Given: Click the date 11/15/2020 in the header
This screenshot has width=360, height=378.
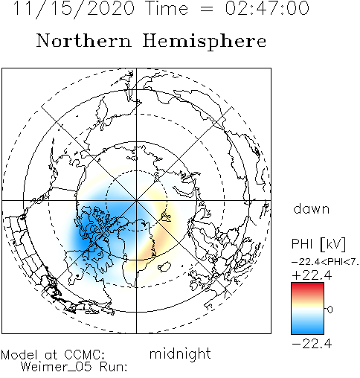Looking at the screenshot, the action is pyautogui.click(x=74, y=8).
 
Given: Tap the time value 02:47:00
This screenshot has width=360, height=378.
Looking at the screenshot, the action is pyautogui.click(x=267, y=8).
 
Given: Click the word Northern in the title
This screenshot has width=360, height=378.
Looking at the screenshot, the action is pyautogui.click(x=84, y=41).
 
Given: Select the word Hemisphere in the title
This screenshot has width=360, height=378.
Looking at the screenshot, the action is pyautogui.click(x=205, y=42).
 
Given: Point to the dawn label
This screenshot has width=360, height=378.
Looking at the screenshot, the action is pyautogui.click(x=312, y=209).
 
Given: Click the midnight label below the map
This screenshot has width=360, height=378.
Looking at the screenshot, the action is pyautogui.click(x=180, y=353).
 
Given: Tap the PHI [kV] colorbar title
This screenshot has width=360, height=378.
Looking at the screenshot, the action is pyautogui.click(x=318, y=243).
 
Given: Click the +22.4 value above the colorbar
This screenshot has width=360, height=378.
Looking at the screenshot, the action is pyautogui.click(x=312, y=275).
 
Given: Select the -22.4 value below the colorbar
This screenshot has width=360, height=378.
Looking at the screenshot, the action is pyautogui.click(x=312, y=344).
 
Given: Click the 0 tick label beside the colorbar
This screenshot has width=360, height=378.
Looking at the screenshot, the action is pyautogui.click(x=330, y=310).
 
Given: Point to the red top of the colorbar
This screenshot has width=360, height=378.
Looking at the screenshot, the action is pyautogui.click(x=307, y=288).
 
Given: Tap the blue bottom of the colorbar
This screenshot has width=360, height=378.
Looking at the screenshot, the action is pyautogui.click(x=307, y=329).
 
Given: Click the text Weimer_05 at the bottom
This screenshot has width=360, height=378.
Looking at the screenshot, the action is pyautogui.click(x=56, y=367).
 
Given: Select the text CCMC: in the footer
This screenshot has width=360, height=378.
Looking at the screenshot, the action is pyautogui.click(x=85, y=355).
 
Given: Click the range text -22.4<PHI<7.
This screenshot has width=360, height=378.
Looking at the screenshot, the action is pyautogui.click(x=325, y=261).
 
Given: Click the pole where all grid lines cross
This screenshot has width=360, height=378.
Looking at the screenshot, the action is pyautogui.click(x=136, y=200).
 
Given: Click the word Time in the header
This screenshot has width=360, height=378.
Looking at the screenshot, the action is pyautogui.click(x=167, y=8).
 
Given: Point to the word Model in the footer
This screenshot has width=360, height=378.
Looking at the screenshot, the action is pyautogui.click(x=19, y=355).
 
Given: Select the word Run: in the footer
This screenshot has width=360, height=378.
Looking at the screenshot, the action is pyautogui.click(x=114, y=367).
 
